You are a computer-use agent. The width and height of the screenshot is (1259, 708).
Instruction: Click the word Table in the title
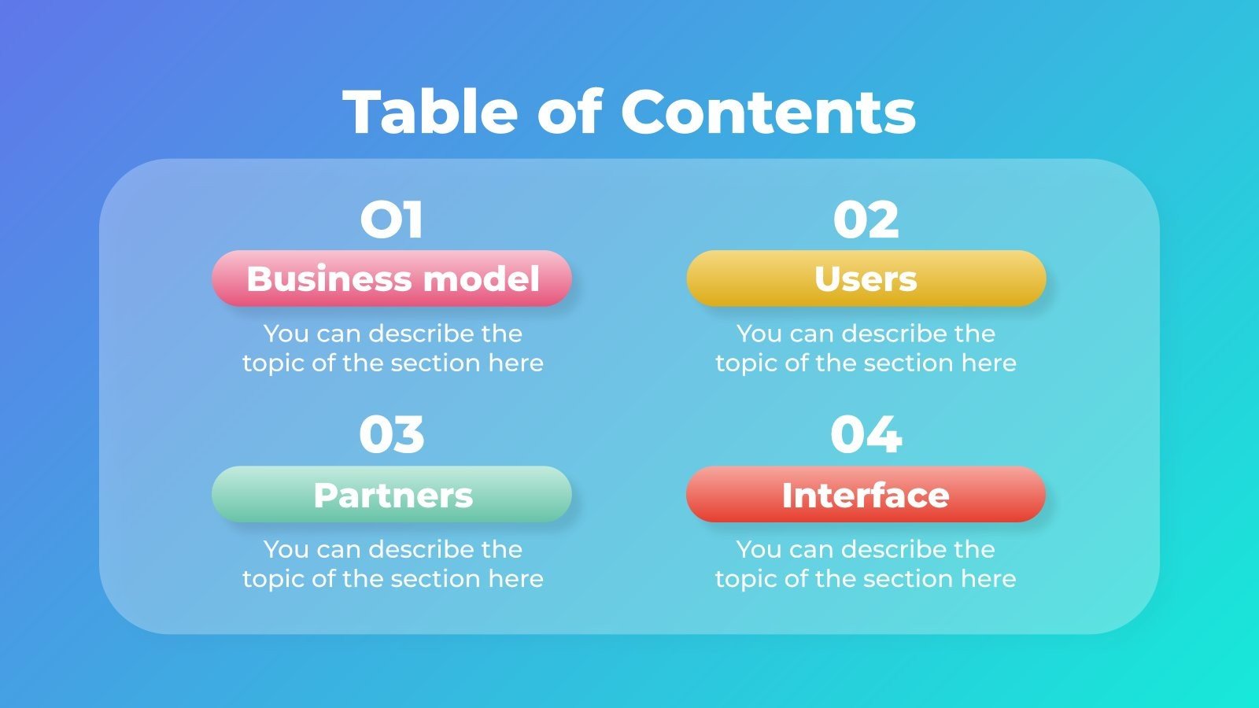point(430,112)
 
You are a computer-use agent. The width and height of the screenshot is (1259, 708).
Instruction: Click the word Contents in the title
point(768,112)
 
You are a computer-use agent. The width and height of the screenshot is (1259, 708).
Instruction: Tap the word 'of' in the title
point(569,112)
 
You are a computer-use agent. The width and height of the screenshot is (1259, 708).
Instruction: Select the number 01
point(392,219)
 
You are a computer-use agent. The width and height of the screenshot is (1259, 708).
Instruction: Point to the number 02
point(866,219)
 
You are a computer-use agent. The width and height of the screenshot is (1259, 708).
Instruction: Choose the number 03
point(392,435)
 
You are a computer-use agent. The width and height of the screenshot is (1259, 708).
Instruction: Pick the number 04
point(866,435)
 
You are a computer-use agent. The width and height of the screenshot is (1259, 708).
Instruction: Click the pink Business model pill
point(392,278)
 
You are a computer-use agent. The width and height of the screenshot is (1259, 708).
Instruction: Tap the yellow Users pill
point(866,278)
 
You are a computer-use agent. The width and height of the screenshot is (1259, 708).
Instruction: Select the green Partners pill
point(392,495)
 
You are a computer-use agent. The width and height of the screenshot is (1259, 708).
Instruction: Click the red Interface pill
point(866,495)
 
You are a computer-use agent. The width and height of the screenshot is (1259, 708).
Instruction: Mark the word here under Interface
point(988,579)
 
